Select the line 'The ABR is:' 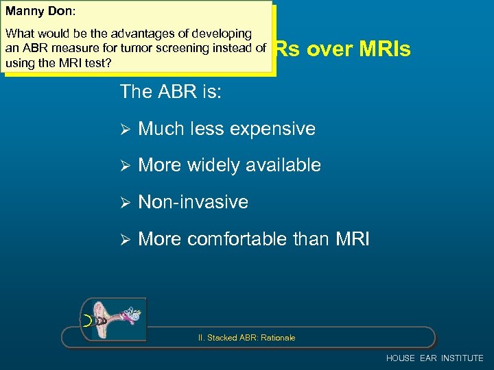point(170,91)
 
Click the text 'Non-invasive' point(193,202)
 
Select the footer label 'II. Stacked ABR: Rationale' point(246,338)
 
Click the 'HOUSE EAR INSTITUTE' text point(434,358)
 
